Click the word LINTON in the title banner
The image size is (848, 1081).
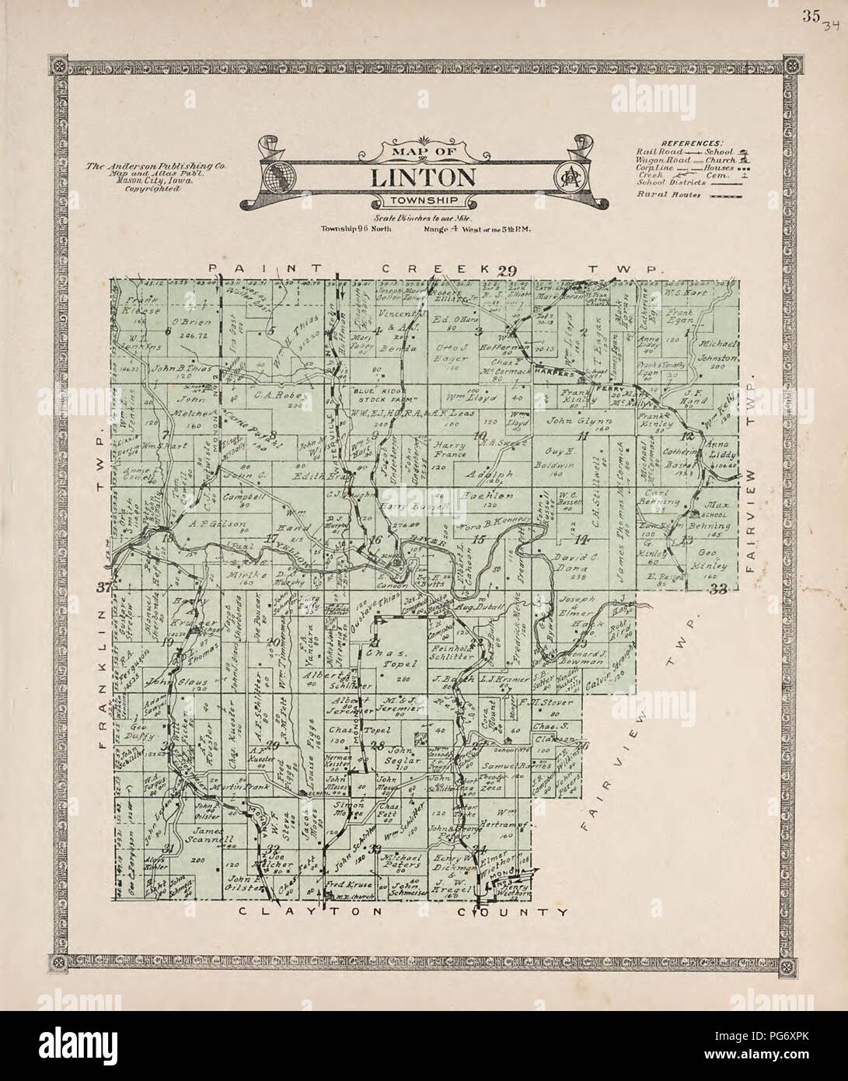click(423, 177)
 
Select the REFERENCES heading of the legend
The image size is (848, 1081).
click(691, 143)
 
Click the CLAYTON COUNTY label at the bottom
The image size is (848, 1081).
click(403, 912)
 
